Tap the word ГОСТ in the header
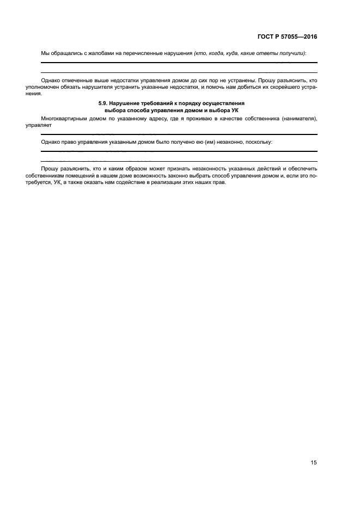tap(266, 37)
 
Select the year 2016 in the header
tap(308, 37)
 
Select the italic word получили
tap(292, 53)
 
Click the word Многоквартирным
tap(65, 118)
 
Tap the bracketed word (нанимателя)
tap(298, 118)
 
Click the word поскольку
tap(259, 142)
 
